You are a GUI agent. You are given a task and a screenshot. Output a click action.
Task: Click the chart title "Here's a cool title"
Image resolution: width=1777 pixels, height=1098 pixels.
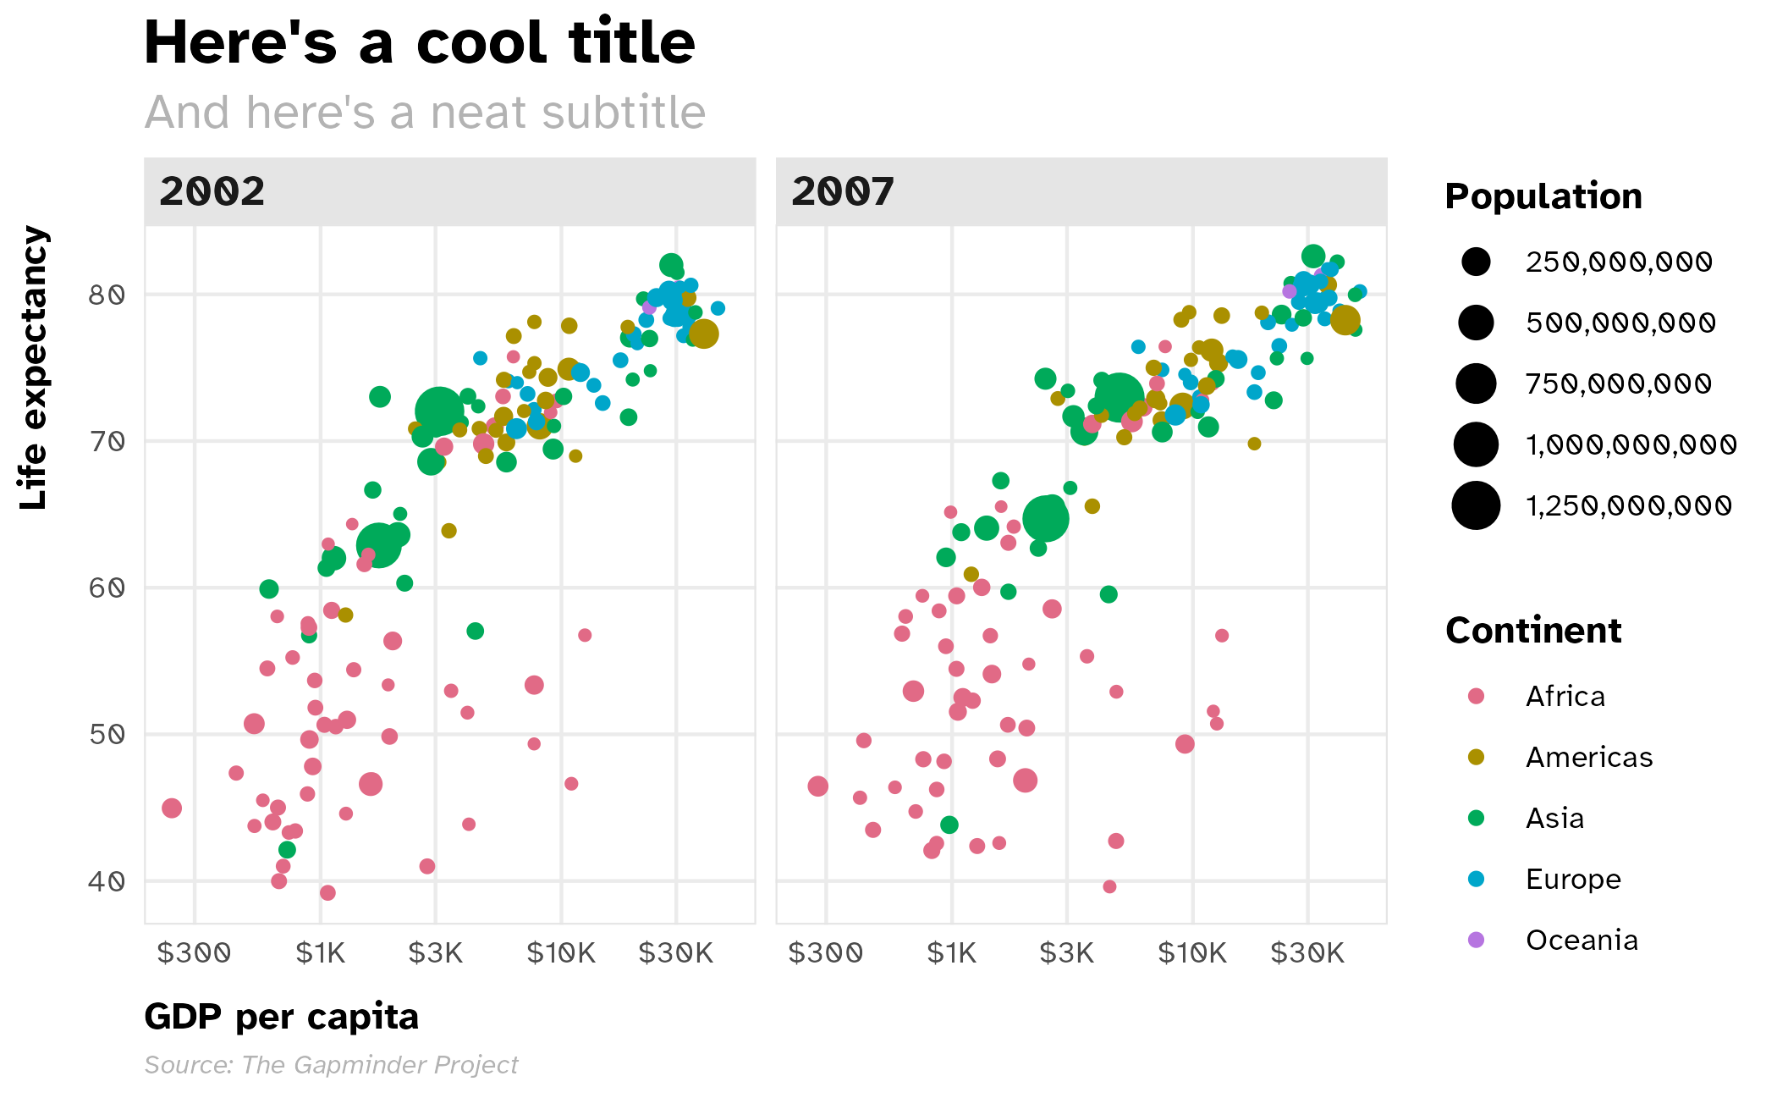pyautogui.click(x=419, y=42)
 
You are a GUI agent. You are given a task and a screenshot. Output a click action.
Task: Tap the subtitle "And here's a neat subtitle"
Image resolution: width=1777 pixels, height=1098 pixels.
pyautogui.click(x=425, y=113)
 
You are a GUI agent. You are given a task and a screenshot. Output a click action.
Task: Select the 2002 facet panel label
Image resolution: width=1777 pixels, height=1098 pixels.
pyautogui.click(x=212, y=191)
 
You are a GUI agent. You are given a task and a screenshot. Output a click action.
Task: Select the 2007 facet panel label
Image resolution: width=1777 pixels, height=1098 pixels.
pyautogui.click(x=842, y=191)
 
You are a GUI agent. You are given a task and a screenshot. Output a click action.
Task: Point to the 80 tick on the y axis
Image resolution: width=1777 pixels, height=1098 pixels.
pyautogui.click(x=107, y=295)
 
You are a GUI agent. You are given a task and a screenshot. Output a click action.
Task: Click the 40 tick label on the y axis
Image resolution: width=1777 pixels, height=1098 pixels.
pyautogui.click(x=107, y=881)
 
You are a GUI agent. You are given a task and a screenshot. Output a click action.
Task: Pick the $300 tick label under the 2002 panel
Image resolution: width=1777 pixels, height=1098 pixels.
pyautogui.click(x=194, y=953)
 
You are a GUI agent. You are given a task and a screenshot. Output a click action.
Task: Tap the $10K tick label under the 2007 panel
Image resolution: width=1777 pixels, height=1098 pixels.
pyautogui.click(x=1191, y=953)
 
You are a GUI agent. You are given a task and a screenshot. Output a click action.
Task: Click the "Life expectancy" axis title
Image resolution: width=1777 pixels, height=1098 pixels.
pyautogui.click(x=34, y=368)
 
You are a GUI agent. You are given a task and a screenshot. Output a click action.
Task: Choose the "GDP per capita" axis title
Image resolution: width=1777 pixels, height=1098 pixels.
pyautogui.click(x=281, y=1017)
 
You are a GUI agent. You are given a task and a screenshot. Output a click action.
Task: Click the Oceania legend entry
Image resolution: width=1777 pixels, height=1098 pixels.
pyautogui.click(x=1581, y=940)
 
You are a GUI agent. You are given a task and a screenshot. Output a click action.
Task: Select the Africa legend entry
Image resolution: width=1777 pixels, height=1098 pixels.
pyautogui.click(x=1565, y=696)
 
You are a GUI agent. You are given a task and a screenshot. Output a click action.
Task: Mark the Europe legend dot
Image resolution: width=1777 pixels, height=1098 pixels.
pyautogui.click(x=1476, y=879)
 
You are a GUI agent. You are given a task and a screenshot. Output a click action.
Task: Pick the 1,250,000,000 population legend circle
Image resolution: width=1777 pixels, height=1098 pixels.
pyautogui.click(x=1476, y=505)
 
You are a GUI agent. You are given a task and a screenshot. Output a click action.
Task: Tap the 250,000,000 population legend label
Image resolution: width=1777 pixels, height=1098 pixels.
pyautogui.click(x=1619, y=262)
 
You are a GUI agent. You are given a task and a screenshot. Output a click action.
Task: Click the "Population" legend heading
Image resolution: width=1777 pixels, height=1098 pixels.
pyautogui.click(x=1543, y=196)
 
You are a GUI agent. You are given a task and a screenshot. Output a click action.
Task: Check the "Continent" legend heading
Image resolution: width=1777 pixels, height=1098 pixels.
pyautogui.click(x=1533, y=631)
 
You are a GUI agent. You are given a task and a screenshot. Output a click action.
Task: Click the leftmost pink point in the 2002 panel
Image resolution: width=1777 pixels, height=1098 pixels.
pyautogui.click(x=172, y=808)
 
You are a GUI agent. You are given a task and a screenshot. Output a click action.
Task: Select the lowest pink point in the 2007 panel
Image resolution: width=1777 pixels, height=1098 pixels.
pyautogui.click(x=1109, y=886)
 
